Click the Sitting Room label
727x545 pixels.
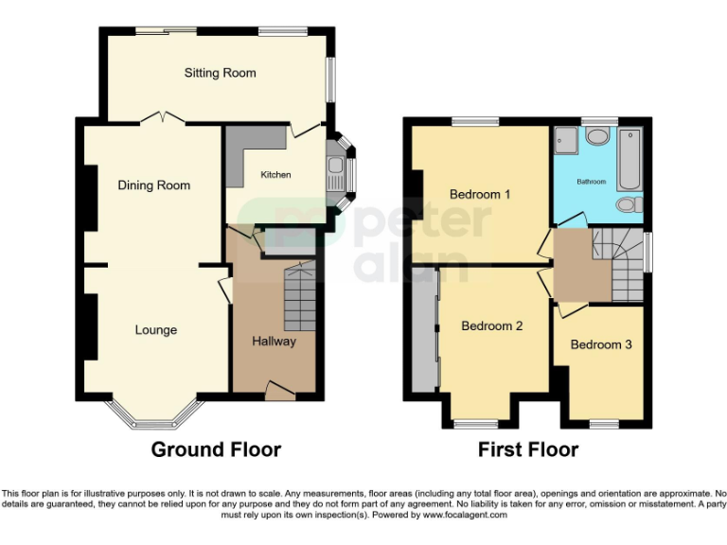pyautogui.click(x=220, y=73)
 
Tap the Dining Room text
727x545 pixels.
pyautogui.click(x=154, y=185)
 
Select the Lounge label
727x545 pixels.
pyautogui.click(x=156, y=330)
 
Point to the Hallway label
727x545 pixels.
pyautogui.click(x=275, y=342)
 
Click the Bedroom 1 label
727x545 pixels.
pyautogui.click(x=480, y=195)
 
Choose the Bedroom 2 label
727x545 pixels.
pyautogui.click(x=492, y=326)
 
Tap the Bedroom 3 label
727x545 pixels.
pyautogui.click(x=601, y=344)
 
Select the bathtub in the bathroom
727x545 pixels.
pyautogui.click(x=629, y=159)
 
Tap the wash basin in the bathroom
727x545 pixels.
pyautogui.click(x=597, y=137)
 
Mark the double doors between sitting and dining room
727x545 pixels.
pyautogui.click(x=161, y=118)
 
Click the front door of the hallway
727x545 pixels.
pyautogui.click(x=279, y=388)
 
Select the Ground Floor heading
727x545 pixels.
pyautogui.click(x=216, y=449)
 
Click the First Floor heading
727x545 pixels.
pyautogui.click(x=528, y=449)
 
